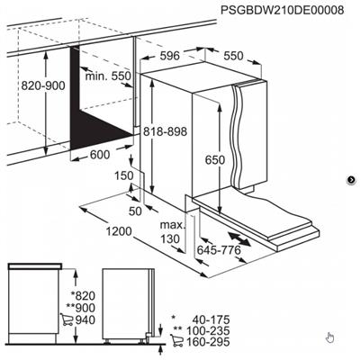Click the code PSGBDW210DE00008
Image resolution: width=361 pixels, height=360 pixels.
coord(282,10)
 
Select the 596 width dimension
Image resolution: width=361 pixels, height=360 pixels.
coord(169,56)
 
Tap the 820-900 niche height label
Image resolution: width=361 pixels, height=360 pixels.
coord(43,85)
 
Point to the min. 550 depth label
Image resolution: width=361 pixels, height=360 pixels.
coord(108,76)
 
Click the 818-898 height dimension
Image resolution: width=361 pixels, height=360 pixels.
coord(165,131)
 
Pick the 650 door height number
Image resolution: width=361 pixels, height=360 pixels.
coord(215,159)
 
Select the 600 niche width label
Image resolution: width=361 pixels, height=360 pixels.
coord(100,155)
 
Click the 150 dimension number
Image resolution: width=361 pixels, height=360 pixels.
coord(124,175)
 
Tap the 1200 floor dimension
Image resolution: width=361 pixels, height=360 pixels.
coord(119,231)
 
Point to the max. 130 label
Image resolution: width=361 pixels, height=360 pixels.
coord(172,231)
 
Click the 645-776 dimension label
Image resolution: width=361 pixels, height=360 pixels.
coord(219,249)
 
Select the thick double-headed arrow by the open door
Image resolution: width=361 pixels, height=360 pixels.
coord(239,239)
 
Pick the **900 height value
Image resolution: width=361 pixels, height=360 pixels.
coord(81,308)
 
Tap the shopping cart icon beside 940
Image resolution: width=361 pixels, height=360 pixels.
coord(67,319)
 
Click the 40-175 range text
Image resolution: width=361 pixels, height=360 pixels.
coord(212,319)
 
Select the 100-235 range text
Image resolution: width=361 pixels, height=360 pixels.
coord(208,330)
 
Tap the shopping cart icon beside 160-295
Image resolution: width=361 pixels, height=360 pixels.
coord(176,341)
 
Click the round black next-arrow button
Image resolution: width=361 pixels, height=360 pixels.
coord(351,180)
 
